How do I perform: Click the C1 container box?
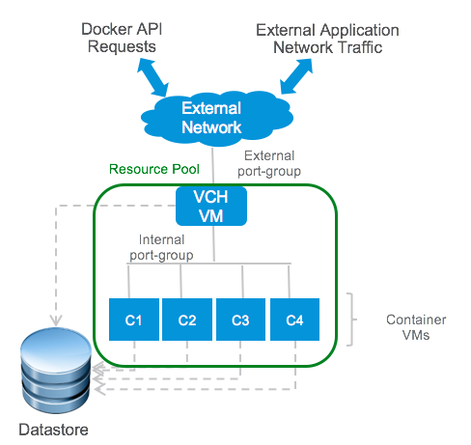click(x=134, y=320)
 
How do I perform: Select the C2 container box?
click(x=187, y=320)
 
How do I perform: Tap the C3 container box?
click(x=240, y=320)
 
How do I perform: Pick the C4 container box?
click(x=294, y=320)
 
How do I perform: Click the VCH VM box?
click(x=211, y=207)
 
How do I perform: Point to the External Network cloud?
click(x=216, y=118)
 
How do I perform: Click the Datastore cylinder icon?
click(x=56, y=370)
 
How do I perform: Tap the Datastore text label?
click(x=53, y=430)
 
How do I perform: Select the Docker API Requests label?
click(x=122, y=38)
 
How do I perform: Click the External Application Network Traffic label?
click(x=327, y=39)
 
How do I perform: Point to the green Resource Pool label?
click(x=154, y=169)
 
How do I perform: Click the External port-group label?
click(x=269, y=164)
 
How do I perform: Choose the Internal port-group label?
click(x=161, y=248)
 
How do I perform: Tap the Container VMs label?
click(x=416, y=327)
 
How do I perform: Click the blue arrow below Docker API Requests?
click(x=152, y=77)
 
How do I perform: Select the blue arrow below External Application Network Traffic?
click(x=296, y=76)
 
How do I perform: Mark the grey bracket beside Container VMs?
click(x=352, y=320)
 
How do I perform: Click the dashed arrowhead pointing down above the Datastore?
click(x=56, y=320)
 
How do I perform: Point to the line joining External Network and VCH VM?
click(x=212, y=167)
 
